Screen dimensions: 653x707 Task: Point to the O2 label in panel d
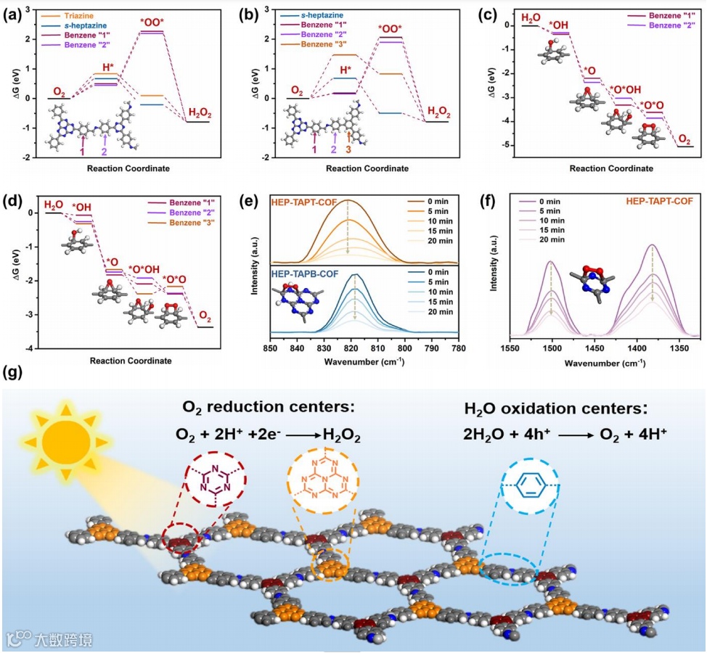click(x=205, y=317)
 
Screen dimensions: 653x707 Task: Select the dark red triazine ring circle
click(x=214, y=485)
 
